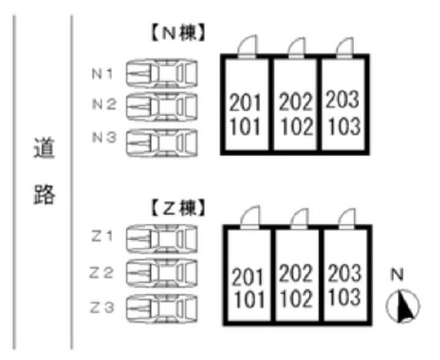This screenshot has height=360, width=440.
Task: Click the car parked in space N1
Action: click(162, 71)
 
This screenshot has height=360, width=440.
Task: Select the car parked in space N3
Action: click(162, 139)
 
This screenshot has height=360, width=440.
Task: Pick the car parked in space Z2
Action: click(162, 272)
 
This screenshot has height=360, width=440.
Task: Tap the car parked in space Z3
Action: click(162, 305)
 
